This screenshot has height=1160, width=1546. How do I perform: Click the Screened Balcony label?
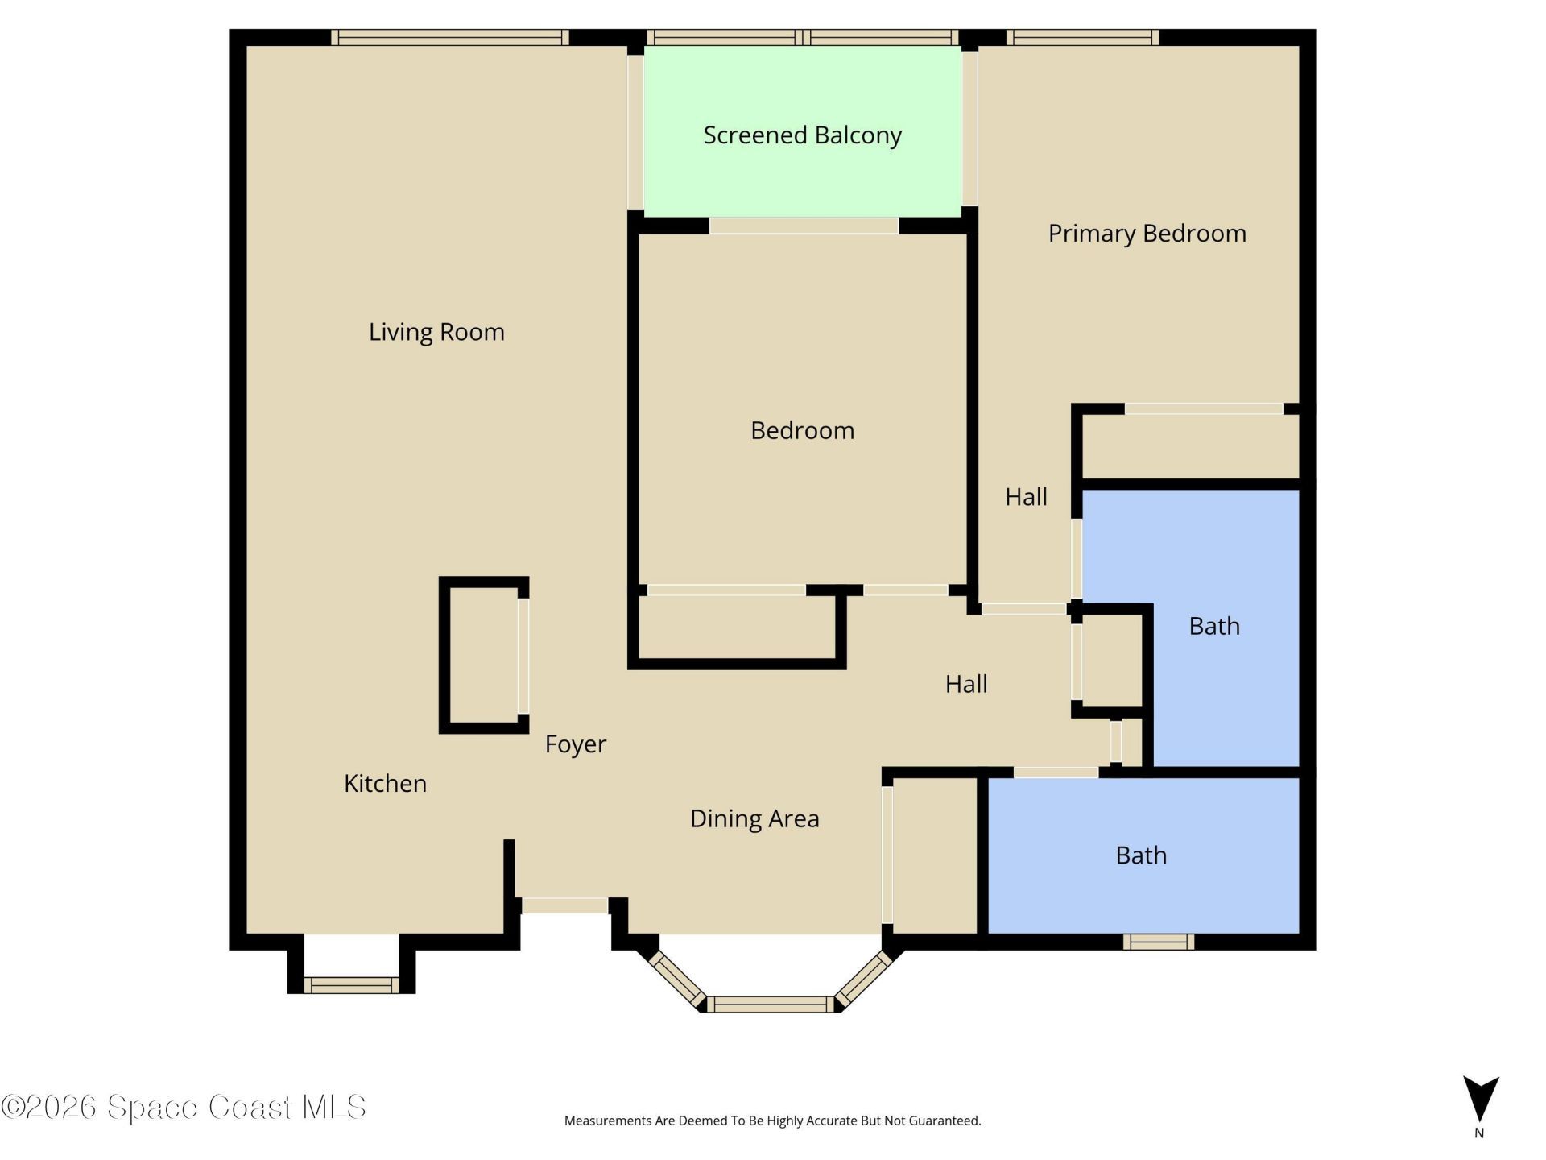[802, 135]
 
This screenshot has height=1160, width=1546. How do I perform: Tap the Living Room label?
[436, 332]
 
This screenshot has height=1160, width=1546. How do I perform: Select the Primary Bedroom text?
[1147, 234]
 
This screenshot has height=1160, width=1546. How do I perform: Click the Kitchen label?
[385, 783]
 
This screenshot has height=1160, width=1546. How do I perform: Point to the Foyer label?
[575, 744]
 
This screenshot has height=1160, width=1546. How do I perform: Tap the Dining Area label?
[754, 818]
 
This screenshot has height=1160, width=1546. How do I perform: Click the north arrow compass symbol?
[1480, 1100]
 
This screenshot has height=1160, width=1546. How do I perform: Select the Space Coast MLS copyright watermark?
[184, 1108]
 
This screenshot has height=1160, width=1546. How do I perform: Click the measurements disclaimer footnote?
[772, 1121]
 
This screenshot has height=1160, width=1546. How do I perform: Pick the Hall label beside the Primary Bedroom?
[1026, 497]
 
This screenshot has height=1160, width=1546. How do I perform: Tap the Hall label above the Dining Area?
[965, 684]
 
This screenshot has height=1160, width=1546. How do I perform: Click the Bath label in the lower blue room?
[1141, 855]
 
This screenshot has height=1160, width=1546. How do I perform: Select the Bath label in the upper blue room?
[1213, 626]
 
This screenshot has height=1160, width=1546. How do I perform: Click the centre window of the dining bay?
[771, 1004]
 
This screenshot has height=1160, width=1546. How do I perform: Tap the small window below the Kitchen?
[351, 984]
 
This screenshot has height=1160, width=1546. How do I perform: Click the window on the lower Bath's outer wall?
[1158, 942]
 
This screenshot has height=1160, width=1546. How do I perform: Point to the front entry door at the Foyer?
[564, 905]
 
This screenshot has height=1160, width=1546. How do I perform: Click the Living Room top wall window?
[449, 37]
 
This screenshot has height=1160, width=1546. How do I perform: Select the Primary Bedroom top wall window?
[1081, 37]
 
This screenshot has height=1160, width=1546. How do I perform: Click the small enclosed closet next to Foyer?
[483, 655]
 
